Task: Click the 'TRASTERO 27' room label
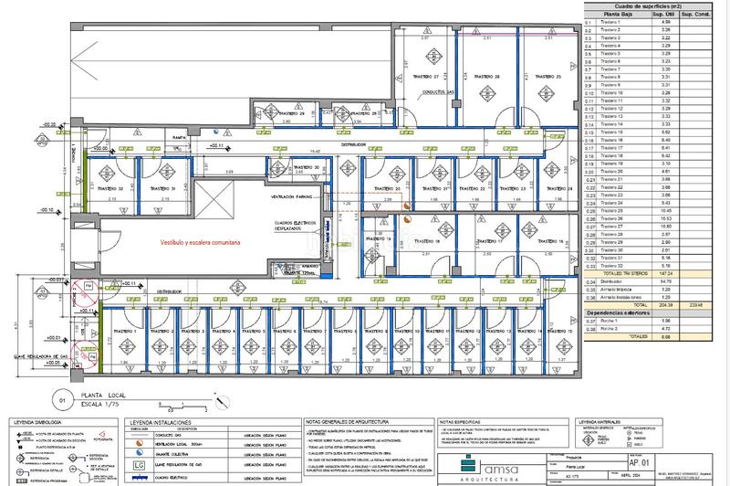pyautogui.click(x=425, y=76)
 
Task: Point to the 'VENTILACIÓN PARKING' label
pyautogui.click(x=291, y=196)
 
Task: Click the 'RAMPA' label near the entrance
pyautogui.click(x=181, y=138)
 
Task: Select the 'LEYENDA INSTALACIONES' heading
pyautogui.click(x=164, y=423)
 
